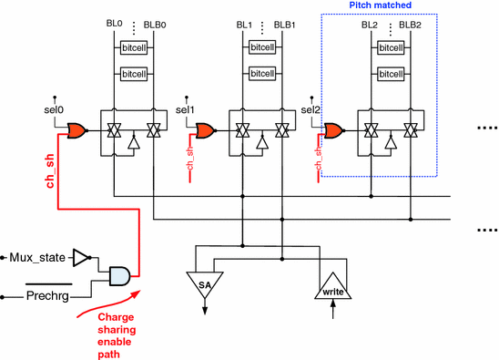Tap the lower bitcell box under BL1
click(263, 72)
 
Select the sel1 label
click(185, 109)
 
